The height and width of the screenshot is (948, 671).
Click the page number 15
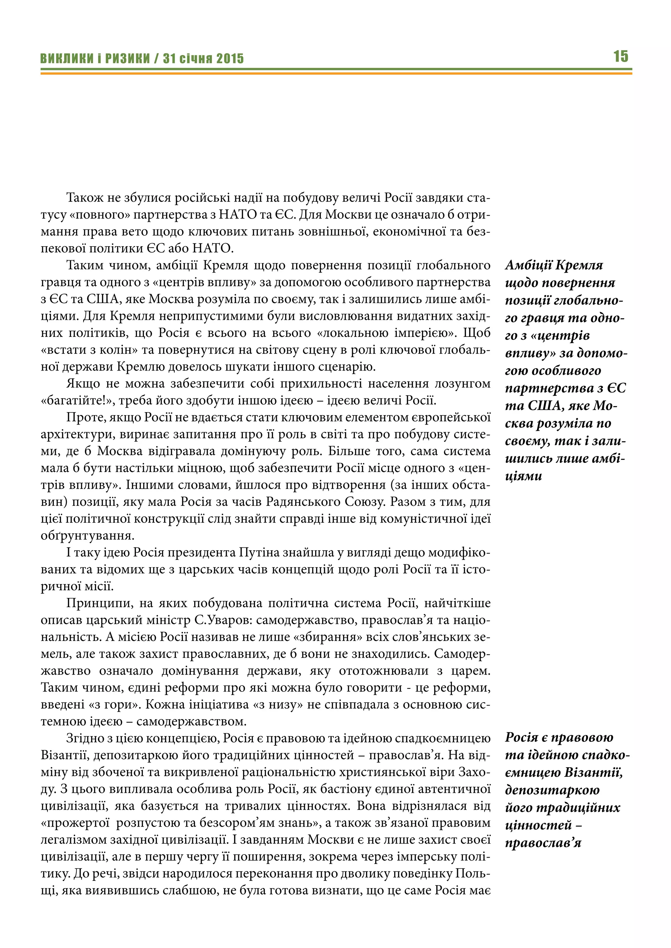[621, 56]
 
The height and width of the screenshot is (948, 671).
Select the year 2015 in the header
[230, 59]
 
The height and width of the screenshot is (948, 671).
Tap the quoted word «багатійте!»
[76, 400]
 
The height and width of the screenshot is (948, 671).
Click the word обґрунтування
[87, 536]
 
